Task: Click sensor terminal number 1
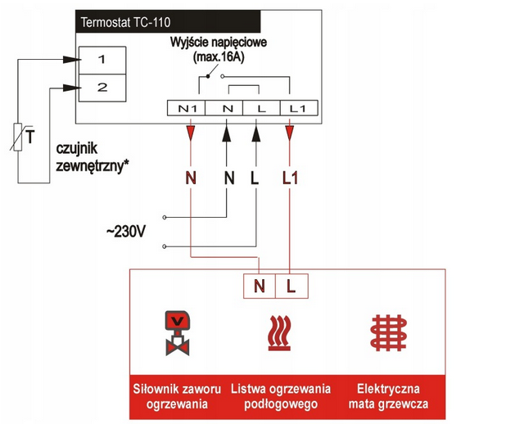[102, 60]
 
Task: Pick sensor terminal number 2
[102, 87]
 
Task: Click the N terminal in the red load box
[260, 286]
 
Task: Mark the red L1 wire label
[291, 176]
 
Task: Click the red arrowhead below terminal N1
[191, 130]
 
